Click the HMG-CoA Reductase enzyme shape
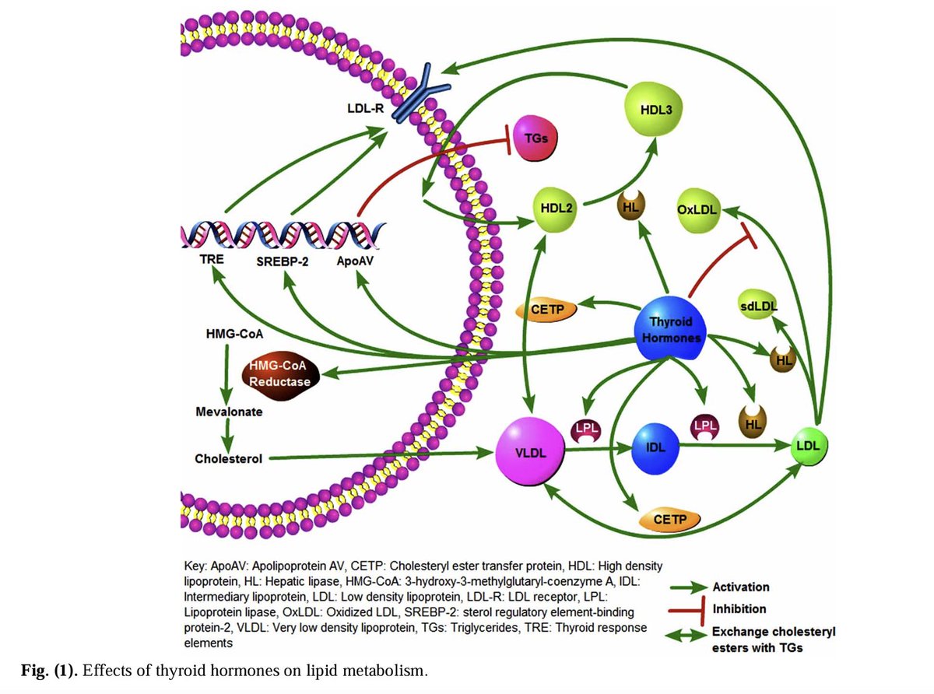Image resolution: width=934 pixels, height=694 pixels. (279, 373)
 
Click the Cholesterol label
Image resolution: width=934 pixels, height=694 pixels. (227, 458)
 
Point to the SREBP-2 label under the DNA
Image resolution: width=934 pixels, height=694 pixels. (283, 261)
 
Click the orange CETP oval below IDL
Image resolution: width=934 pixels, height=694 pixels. (669, 519)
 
